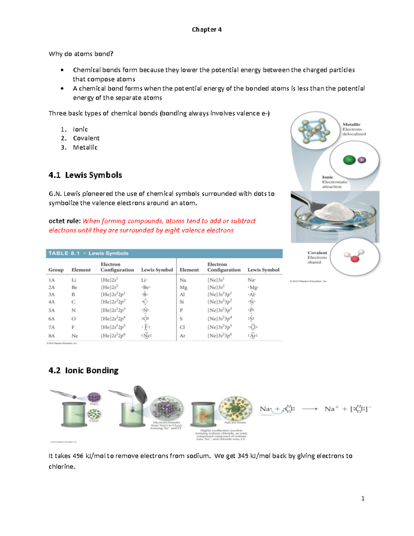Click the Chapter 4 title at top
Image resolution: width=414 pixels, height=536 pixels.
207,30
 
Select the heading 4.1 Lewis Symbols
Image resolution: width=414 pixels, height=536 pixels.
85,175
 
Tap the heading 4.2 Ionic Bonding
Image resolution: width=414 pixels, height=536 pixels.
83,371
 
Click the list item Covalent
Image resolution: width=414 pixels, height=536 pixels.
86,138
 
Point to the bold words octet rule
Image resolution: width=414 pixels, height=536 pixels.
65,221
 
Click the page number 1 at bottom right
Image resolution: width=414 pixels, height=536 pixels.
363,498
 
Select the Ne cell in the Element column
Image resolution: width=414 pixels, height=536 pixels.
75,336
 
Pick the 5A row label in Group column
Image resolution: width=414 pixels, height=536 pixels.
52,310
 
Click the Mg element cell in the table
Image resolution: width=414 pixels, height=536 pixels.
183,288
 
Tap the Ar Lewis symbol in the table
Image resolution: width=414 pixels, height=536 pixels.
253,335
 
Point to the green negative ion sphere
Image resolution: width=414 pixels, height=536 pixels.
349,160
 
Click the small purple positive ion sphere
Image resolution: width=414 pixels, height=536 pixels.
362,160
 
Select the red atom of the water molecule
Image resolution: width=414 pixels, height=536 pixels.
354,259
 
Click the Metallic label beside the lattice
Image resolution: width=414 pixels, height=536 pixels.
351,125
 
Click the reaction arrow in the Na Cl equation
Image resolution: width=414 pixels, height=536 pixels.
309,409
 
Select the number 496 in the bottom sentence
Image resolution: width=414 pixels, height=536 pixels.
78,456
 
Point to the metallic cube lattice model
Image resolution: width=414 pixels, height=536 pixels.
314,131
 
